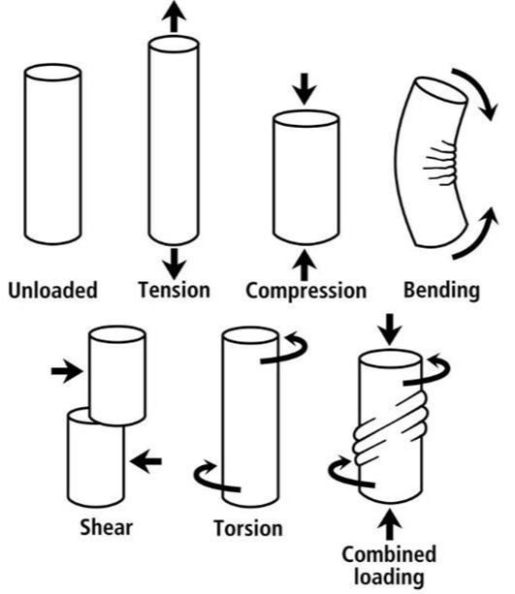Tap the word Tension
[174, 289]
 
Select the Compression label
[306, 290]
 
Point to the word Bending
[443, 289]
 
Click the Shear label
[107, 527]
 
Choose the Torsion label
[247, 528]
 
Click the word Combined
[388, 554]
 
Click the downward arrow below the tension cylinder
[174, 259]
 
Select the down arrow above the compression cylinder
[306, 90]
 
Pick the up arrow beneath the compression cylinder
[306, 262]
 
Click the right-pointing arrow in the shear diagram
[66, 370]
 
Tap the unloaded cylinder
[52, 155]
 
